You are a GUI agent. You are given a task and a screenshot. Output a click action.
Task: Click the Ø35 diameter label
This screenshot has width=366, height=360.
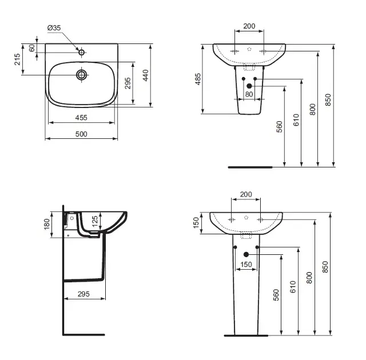click(x=54, y=27)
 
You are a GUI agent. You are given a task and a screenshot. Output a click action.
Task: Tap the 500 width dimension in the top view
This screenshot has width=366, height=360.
click(x=81, y=134)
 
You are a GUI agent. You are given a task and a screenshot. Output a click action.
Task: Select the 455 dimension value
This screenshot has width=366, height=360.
click(x=81, y=118)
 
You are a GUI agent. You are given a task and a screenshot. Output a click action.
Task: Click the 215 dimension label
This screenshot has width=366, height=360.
click(x=18, y=59)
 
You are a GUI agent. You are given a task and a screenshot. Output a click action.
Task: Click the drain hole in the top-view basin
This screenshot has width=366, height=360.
click(x=82, y=74)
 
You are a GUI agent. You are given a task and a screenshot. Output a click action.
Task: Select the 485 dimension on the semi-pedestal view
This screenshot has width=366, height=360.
click(x=198, y=79)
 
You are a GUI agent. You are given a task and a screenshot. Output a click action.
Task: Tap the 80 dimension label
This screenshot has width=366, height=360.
click(x=249, y=94)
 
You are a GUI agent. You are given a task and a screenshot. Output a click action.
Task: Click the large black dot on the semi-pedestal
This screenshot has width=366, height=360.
click(x=249, y=86)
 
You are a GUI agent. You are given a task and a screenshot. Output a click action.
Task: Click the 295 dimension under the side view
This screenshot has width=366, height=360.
click(x=84, y=294)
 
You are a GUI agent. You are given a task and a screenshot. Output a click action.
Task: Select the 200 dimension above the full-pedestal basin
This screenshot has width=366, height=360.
click(x=245, y=195)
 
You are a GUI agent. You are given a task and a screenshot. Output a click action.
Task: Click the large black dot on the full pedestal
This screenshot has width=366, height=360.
click(x=246, y=254)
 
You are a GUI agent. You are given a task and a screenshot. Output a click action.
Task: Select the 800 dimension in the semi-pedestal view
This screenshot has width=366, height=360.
click(x=312, y=109)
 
